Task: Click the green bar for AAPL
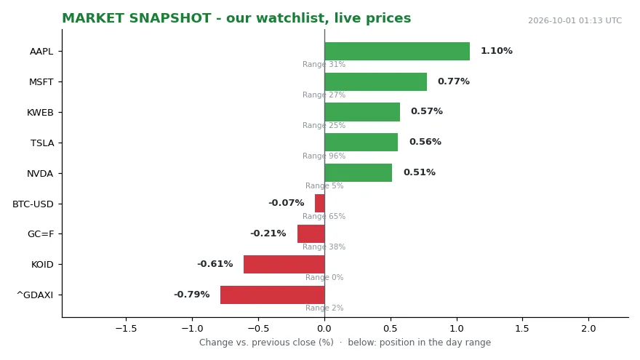(x=397, y=52)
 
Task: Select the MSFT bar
(x=376, y=81)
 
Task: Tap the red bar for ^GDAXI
(x=273, y=295)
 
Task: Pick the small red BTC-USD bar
(x=320, y=203)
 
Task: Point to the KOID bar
(x=284, y=265)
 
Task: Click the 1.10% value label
(x=496, y=51)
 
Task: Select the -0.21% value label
(x=268, y=233)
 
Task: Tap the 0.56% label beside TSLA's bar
(x=425, y=142)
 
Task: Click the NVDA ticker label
(x=40, y=174)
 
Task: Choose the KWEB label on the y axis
(x=40, y=113)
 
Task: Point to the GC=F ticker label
(x=41, y=234)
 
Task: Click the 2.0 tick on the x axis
(x=588, y=329)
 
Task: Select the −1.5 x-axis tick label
(x=126, y=329)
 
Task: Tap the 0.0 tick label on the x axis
(x=324, y=329)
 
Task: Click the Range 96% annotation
(x=324, y=156)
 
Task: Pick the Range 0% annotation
(x=324, y=278)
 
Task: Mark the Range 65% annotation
(x=324, y=216)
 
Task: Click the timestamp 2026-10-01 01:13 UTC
(x=575, y=20)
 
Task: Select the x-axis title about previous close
(x=345, y=343)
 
